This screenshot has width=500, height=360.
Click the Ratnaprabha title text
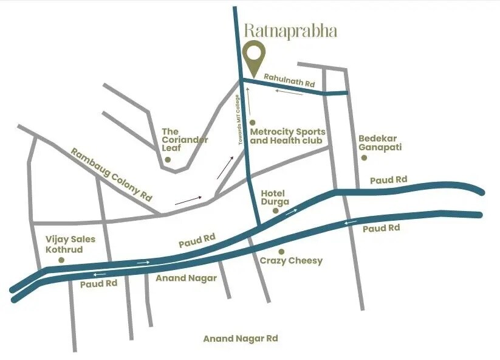(x=290, y=31)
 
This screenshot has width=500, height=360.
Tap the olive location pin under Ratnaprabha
(x=254, y=56)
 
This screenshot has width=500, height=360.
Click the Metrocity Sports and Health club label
(x=288, y=136)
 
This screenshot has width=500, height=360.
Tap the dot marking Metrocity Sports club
(x=253, y=122)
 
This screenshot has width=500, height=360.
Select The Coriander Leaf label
(x=185, y=140)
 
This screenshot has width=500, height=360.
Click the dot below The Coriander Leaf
(x=168, y=160)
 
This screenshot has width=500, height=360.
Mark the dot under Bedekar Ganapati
(x=364, y=157)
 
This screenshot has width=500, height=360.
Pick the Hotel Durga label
(x=275, y=198)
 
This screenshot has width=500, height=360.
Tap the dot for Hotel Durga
(x=275, y=210)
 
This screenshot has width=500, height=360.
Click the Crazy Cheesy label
(x=291, y=261)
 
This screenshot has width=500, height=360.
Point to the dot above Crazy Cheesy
(x=281, y=251)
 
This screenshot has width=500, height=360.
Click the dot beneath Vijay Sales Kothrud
(x=61, y=260)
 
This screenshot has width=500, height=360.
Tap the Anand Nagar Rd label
(x=241, y=339)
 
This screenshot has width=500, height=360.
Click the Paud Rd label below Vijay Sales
(x=98, y=283)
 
